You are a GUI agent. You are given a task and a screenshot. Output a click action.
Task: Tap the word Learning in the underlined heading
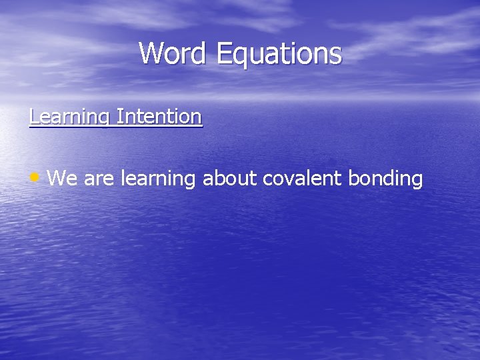70,117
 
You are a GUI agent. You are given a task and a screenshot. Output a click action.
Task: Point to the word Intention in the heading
159,117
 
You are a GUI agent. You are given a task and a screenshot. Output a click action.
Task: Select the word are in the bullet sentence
100,179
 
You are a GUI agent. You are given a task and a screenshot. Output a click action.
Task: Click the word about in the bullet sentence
231,179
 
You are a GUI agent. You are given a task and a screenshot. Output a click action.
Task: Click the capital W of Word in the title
151,53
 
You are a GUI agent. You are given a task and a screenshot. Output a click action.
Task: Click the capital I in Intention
119,117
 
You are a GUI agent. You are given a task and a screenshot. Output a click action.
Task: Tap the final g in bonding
417,182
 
